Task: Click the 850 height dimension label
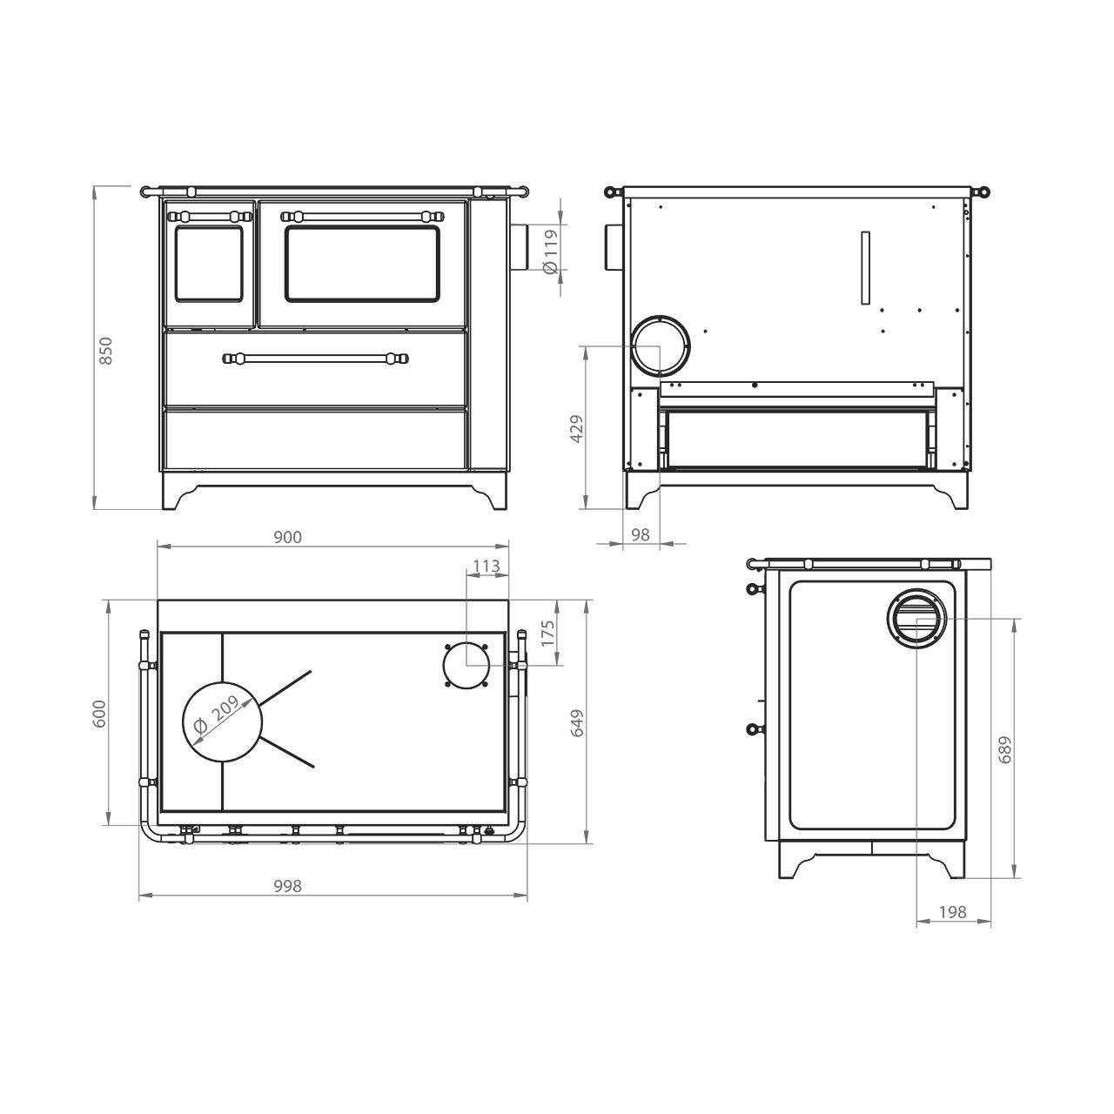(106, 351)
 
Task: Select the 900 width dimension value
(287, 537)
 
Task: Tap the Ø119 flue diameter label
(550, 252)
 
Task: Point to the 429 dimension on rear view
(576, 429)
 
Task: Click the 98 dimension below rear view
(640, 534)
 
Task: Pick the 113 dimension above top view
(487, 566)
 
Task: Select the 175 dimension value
(548, 634)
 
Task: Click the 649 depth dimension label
(577, 722)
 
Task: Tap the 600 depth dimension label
(99, 714)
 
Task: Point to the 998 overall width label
(287, 886)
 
